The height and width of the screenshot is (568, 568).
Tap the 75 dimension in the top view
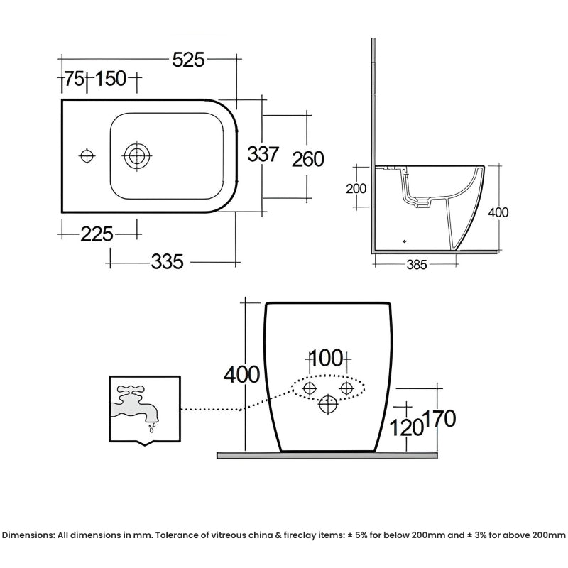[74, 80]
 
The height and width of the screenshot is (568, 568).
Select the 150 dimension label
[111, 80]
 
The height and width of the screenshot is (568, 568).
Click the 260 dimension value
[308, 158]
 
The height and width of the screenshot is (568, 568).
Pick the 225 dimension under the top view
[97, 232]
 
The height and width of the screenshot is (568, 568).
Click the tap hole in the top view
[87, 155]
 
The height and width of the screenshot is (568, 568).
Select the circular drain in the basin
[136, 155]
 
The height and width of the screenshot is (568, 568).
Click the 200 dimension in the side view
[356, 189]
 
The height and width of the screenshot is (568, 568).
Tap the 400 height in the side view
[499, 212]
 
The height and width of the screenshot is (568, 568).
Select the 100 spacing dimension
[327, 358]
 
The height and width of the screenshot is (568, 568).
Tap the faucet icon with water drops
[136, 408]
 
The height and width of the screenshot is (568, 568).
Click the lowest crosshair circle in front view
[327, 405]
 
